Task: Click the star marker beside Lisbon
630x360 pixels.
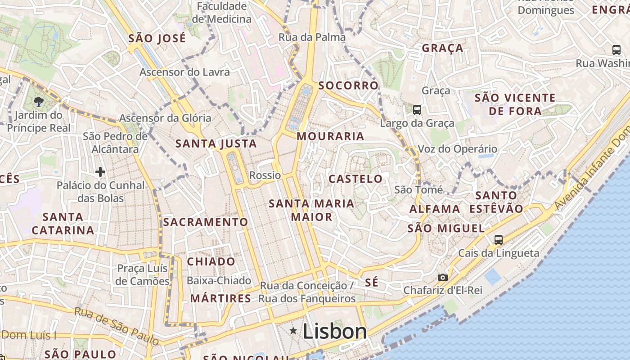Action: pos(293,331)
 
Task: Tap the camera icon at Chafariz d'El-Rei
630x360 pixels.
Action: pos(443,277)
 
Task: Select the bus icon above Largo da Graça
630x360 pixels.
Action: pos(417,109)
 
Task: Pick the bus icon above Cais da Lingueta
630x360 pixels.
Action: pos(499,239)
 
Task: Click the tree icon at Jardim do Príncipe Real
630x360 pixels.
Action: pos(39,102)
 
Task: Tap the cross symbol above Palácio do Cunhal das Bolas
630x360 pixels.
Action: pos(100,171)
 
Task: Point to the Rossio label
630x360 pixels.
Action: pos(265,175)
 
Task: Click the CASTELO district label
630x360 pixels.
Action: pos(355,179)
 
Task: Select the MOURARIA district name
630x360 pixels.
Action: pos(330,136)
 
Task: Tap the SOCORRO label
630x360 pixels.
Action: pos(348,85)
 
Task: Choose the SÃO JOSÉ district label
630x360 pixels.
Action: pos(157,38)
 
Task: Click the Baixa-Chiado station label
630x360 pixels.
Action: pos(219,281)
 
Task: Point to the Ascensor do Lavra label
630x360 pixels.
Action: pos(184,72)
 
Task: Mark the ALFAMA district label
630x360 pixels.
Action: pos(435,209)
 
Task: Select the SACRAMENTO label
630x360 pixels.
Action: pos(205,222)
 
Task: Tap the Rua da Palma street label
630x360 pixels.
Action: pos(312,37)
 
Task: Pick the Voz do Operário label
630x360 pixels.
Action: pos(458,149)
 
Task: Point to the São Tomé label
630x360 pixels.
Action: pos(418,190)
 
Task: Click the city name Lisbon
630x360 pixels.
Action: pos(335,332)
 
